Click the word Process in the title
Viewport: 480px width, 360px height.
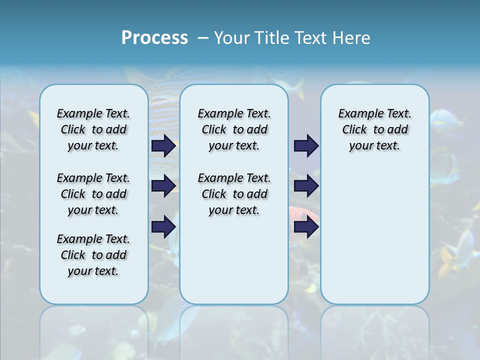pos(154,38)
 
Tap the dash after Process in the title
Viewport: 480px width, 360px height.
pos(203,38)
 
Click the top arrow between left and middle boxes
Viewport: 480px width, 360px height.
pos(163,146)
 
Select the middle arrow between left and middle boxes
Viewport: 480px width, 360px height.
pos(163,186)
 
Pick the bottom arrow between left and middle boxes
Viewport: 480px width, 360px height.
pos(163,227)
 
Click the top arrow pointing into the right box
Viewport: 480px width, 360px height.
pos(306,146)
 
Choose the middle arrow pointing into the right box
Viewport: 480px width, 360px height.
pos(306,186)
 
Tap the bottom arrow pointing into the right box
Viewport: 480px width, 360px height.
pos(306,227)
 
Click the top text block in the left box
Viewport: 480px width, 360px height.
pos(93,129)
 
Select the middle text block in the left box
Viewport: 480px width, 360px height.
pos(93,194)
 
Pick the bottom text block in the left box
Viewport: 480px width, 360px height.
pos(93,255)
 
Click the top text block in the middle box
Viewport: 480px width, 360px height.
pos(234,129)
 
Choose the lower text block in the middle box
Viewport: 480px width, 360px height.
pos(234,194)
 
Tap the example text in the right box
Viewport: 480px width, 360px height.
pos(374,129)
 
